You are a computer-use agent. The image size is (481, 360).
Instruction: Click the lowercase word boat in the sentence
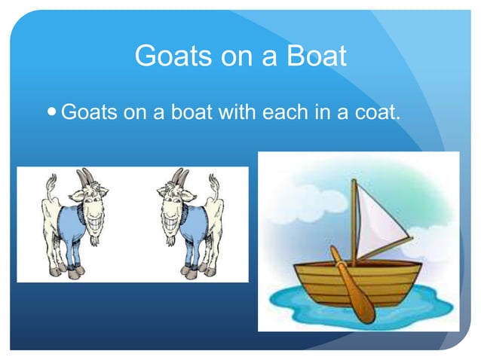(190, 114)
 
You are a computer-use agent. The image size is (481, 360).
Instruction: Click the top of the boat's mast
(354, 183)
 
